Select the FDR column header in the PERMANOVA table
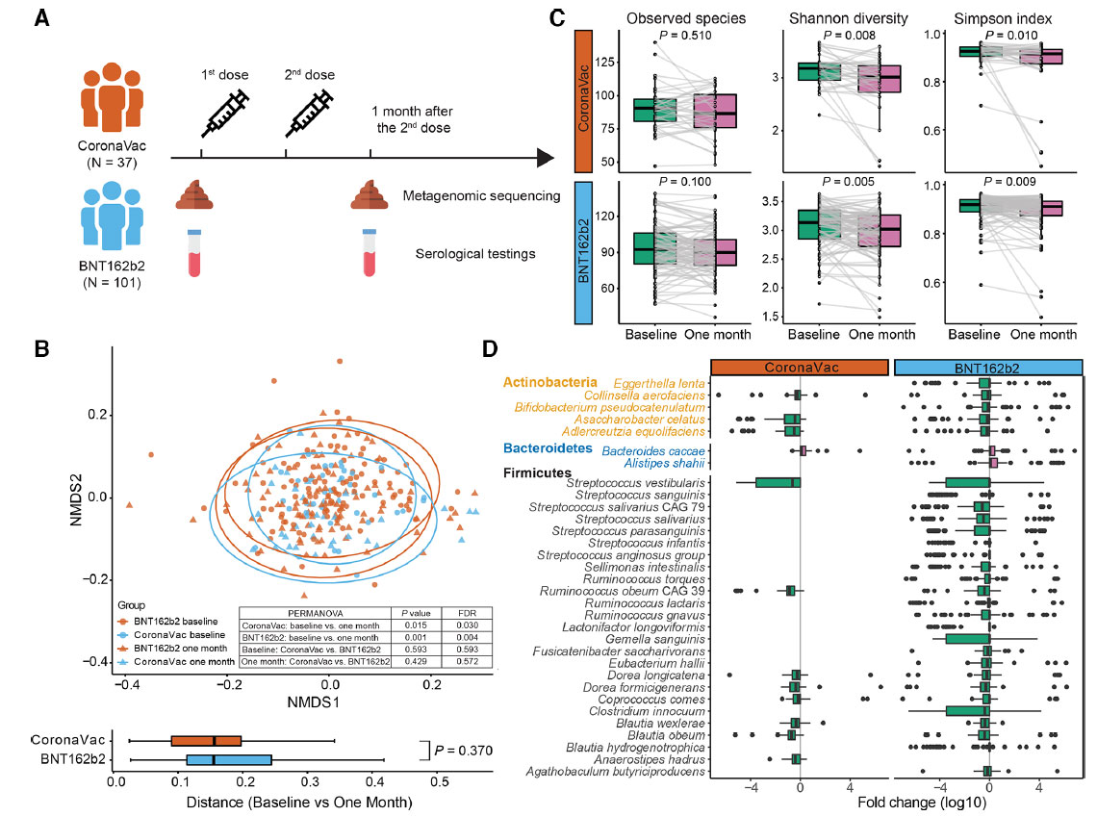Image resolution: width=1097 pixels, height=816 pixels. click(461, 611)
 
